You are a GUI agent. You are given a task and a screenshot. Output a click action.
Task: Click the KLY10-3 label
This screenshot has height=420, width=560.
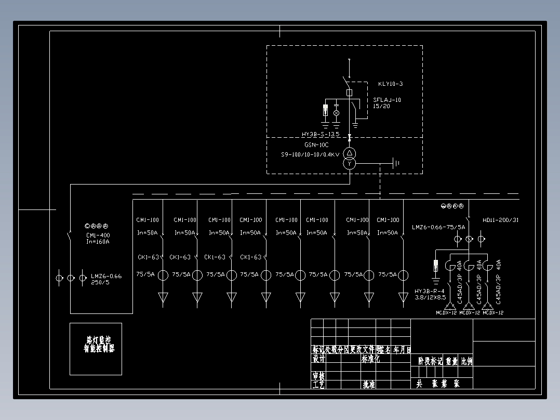[x=390, y=84]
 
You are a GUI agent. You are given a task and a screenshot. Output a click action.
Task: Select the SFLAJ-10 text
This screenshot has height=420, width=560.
[x=387, y=100]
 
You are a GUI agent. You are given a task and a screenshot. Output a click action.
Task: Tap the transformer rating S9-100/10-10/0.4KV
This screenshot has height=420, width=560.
[x=310, y=154]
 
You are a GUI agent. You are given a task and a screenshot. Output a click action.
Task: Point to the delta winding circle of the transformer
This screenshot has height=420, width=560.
[x=350, y=153]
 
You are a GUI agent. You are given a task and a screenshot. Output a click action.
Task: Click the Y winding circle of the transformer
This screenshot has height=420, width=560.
[x=350, y=163]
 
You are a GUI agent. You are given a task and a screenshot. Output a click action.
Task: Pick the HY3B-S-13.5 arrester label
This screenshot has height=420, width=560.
[x=321, y=134]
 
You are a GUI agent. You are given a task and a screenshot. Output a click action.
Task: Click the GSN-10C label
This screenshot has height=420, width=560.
[x=316, y=145]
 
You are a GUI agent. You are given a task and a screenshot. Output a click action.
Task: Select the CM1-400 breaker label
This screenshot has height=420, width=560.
[x=98, y=235]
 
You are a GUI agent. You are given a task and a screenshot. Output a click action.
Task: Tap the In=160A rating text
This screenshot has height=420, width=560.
[x=98, y=241]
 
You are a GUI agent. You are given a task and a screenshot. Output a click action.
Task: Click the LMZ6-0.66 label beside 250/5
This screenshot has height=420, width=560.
[x=106, y=276]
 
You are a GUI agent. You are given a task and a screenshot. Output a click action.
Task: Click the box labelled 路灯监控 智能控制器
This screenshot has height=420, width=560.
[x=96, y=349]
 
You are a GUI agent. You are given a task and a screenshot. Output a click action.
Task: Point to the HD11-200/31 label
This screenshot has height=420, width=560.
[x=501, y=220]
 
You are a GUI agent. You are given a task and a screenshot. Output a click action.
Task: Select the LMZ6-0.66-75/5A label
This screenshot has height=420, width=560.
[x=438, y=227]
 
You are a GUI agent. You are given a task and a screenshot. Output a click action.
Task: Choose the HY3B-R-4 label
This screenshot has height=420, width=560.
[x=429, y=291]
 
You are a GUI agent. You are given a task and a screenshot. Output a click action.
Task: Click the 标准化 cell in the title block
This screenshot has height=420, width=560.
[x=371, y=359]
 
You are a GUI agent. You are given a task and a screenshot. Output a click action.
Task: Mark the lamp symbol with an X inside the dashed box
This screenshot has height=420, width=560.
[x=336, y=113]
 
